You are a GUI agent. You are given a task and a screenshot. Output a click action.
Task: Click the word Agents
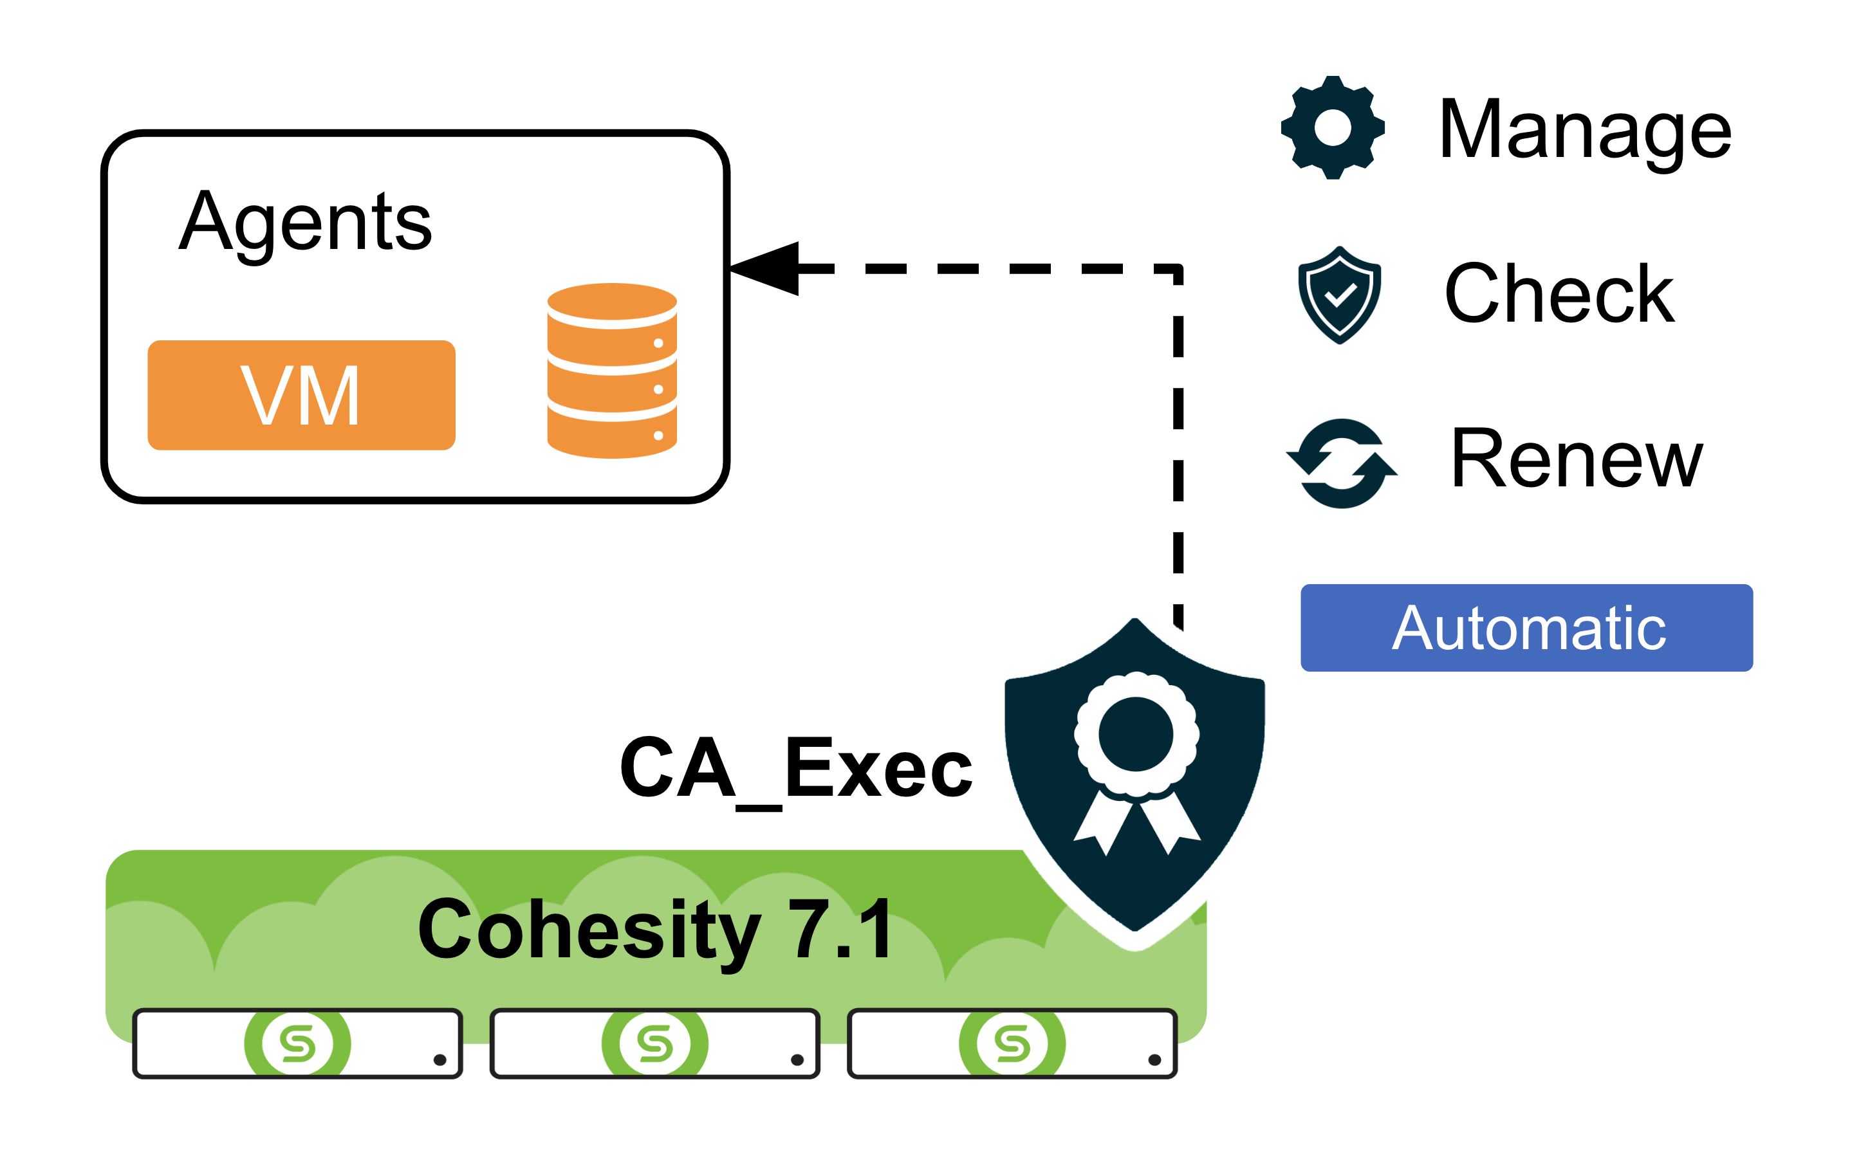pos(305,223)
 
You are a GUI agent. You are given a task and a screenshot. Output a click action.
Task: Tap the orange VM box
pos(301,395)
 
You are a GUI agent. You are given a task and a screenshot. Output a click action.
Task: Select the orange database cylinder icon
pos(612,371)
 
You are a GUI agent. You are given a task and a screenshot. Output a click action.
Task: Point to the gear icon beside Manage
pos(1333,127)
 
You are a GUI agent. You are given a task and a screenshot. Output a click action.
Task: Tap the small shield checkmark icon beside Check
pos(1340,295)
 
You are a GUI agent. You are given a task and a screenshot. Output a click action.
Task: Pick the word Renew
pos(1576,460)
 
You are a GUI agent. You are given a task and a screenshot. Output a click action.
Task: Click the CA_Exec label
pos(796,769)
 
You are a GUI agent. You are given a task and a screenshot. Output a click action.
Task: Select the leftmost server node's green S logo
pos(298,1043)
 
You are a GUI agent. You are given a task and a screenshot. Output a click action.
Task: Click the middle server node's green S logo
pos(655,1043)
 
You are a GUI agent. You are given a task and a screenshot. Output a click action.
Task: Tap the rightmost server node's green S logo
pos(1013,1043)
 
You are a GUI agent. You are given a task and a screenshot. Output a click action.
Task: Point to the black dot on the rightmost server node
pos(1154,1060)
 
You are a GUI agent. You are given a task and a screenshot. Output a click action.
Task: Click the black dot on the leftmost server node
pos(440,1060)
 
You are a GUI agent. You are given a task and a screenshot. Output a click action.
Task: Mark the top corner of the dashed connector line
pos(1178,270)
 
